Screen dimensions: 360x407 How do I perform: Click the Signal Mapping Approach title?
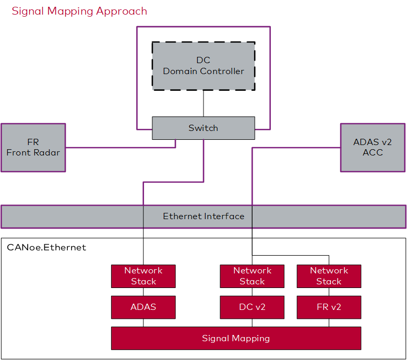tap(79, 11)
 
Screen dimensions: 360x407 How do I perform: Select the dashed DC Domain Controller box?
tap(203, 66)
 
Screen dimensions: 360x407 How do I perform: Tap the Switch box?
tap(203, 128)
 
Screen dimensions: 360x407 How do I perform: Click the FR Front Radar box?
tap(33, 147)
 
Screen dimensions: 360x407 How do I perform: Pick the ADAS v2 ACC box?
tap(373, 147)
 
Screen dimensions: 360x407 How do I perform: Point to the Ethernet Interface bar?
tap(203, 217)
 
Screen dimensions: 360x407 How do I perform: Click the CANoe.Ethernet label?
tap(46, 247)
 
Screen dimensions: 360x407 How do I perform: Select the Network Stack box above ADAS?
tap(143, 276)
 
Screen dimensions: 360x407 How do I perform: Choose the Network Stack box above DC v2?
tap(252, 276)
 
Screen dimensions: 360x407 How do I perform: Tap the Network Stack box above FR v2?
tap(329, 276)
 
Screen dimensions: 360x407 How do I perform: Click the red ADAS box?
tap(143, 307)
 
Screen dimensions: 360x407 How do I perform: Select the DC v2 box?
tap(252, 307)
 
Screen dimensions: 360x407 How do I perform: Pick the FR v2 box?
tap(329, 307)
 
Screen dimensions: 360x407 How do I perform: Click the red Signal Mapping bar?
tap(236, 338)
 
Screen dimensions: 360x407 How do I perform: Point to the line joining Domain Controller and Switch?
tap(203, 103)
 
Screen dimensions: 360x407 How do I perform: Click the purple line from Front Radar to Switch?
tap(120, 148)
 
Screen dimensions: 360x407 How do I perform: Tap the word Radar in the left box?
tap(47, 153)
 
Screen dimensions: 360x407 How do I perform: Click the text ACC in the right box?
tap(373, 152)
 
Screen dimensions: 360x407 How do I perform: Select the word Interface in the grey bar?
tap(223, 216)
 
